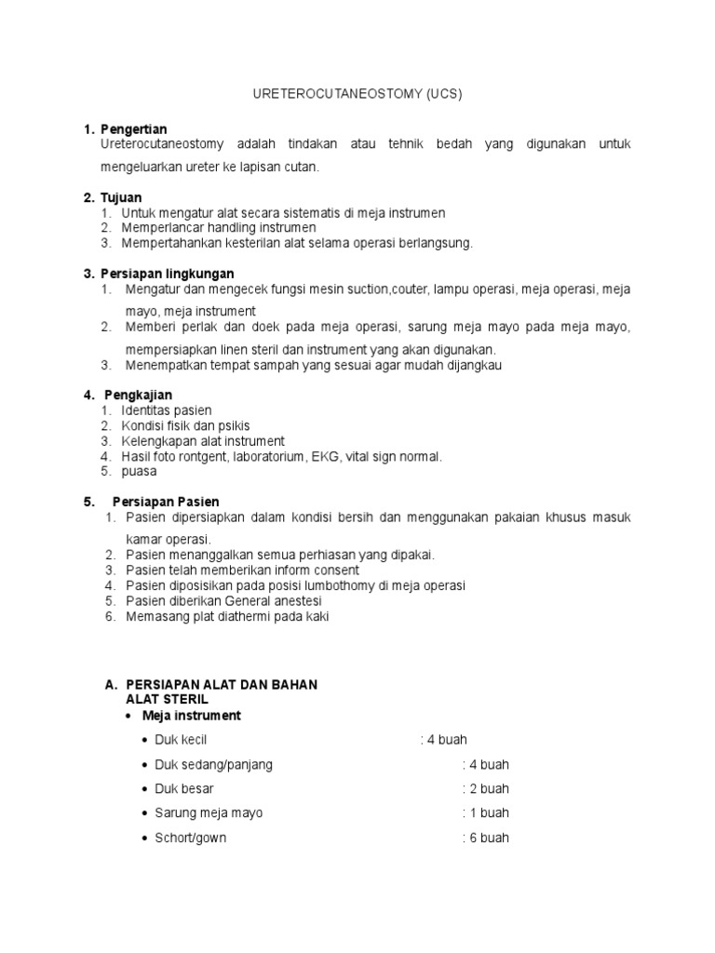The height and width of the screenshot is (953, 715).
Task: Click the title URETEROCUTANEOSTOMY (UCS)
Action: [357, 94]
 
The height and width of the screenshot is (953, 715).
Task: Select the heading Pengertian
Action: [133, 128]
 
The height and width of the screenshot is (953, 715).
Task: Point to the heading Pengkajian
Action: [141, 395]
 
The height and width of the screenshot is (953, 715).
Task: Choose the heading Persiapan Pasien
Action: [166, 502]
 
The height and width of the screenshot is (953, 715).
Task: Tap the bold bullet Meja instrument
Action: [191, 716]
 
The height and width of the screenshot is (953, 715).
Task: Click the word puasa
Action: [139, 471]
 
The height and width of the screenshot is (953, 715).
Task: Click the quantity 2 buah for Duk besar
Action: [489, 788]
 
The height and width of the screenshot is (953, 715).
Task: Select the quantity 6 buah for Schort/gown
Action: [489, 837]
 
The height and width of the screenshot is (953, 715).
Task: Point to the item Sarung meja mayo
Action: [209, 812]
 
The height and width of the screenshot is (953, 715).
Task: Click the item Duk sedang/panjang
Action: [213, 764]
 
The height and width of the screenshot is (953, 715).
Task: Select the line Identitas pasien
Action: [167, 410]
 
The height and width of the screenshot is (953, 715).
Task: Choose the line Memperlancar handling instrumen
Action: [219, 227]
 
